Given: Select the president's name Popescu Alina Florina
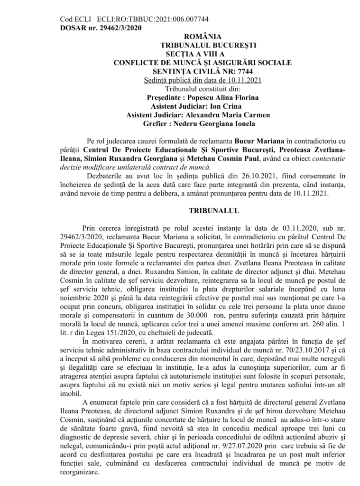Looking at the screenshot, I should [226, 97].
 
